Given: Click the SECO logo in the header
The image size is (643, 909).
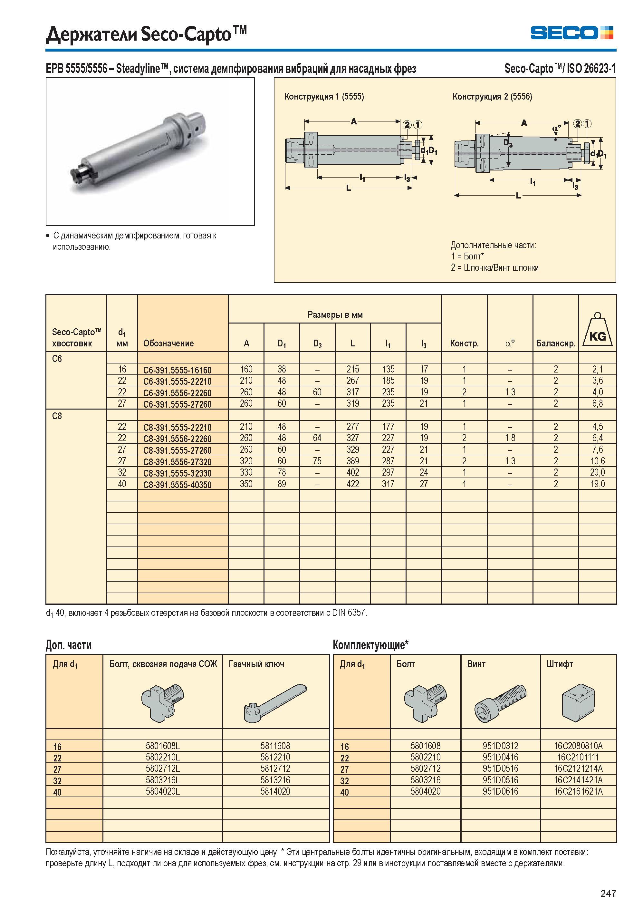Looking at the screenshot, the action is coord(572,33).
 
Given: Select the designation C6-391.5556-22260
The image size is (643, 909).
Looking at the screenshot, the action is coord(178,393).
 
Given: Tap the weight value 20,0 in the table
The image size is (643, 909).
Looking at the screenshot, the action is coord(598,472).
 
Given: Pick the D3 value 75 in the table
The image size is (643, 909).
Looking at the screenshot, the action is coord(317,461).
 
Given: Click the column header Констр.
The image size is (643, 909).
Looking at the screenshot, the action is coord(464,343).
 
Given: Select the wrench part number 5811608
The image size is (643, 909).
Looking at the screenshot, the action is coord(275,746).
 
